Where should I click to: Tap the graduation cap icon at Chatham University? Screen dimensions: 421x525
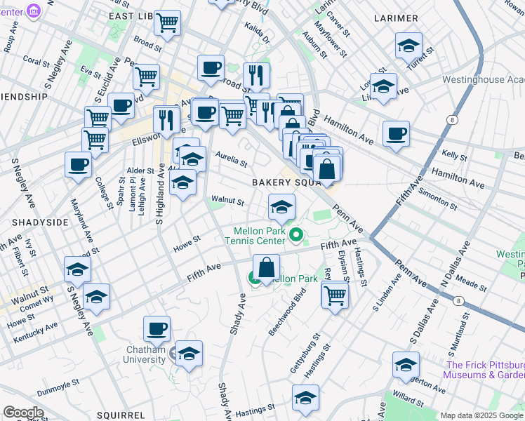click(189, 354)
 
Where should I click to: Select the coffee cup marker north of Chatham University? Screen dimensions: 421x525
click(157, 328)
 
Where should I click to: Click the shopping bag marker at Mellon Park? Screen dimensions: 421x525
click(267, 268)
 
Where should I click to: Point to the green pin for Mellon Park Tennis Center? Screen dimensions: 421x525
click(297, 235)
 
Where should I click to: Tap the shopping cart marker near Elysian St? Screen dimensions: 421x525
click(335, 294)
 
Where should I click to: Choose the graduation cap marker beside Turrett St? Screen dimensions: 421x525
click(408, 46)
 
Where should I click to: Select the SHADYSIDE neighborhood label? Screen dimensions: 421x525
click(29, 222)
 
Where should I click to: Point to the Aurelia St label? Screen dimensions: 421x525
click(231, 159)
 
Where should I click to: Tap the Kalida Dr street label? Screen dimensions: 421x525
click(257, 32)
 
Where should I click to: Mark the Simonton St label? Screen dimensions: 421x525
click(440, 199)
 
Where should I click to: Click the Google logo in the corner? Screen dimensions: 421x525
click(23, 413)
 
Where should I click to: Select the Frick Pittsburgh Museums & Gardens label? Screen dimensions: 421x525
click(485, 370)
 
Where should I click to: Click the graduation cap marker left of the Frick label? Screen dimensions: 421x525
click(406, 365)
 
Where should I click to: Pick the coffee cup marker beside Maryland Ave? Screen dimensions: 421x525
click(78, 165)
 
